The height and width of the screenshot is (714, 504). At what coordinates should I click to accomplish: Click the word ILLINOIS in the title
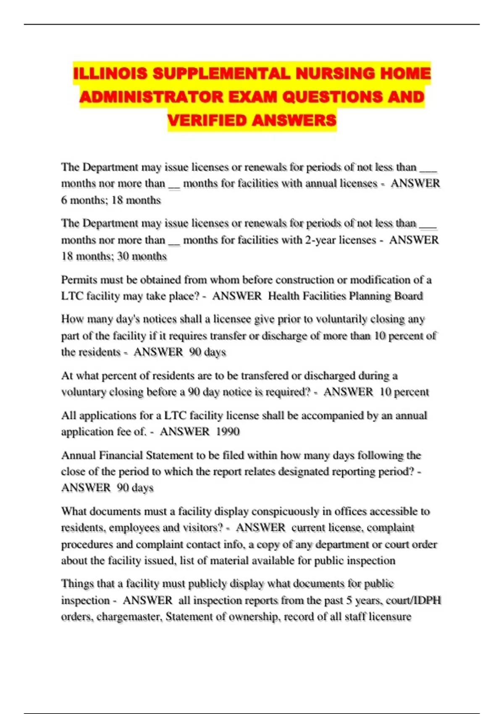click(x=110, y=73)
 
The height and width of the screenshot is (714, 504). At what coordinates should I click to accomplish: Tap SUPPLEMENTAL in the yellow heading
click(x=221, y=73)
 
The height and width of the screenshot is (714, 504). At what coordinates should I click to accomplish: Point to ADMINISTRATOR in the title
click(x=151, y=97)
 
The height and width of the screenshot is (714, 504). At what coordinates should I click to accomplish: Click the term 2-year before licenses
click(x=320, y=240)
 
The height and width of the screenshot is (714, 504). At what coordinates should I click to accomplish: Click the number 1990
click(x=228, y=432)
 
